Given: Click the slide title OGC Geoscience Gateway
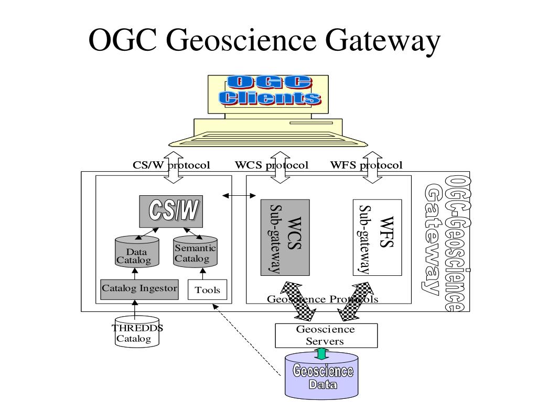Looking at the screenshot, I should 264,41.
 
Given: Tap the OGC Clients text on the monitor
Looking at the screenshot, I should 270,91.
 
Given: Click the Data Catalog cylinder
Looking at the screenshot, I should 136,252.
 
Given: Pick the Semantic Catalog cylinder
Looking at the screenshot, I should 195,253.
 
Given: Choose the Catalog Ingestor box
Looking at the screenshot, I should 139,288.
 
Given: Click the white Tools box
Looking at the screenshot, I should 208,290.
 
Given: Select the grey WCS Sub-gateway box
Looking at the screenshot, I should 285,238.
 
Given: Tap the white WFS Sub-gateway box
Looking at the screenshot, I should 377,238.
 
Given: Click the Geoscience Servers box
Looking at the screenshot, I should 326,336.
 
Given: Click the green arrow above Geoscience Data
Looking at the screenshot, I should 320,354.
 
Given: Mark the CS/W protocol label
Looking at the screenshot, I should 171,165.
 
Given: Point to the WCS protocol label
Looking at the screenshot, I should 271,165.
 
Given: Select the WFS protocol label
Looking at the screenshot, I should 366,165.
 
